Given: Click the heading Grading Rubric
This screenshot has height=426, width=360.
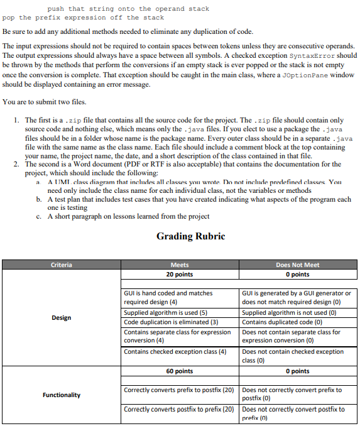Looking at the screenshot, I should [190, 236].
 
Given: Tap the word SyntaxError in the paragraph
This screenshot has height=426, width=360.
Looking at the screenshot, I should [311, 55].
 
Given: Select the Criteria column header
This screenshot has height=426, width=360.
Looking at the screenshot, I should [61, 265].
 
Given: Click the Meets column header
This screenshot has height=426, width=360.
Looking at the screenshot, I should [179, 265].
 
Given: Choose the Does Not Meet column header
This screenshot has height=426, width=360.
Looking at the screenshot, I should [297, 265].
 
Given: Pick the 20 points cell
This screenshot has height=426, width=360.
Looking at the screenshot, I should [179, 275].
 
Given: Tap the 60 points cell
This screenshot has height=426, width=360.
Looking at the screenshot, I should [179, 371].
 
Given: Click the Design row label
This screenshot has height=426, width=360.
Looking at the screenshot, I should [61, 318].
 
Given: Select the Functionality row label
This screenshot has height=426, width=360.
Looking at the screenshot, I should [61, 395].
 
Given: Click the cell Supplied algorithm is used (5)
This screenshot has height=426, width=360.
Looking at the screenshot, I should [165, 313].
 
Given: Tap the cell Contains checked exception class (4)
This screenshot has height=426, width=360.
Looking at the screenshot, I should [175, 351].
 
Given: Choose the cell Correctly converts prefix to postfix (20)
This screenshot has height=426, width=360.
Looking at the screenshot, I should [179, 390].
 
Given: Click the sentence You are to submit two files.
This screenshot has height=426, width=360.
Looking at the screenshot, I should [45, 102].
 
